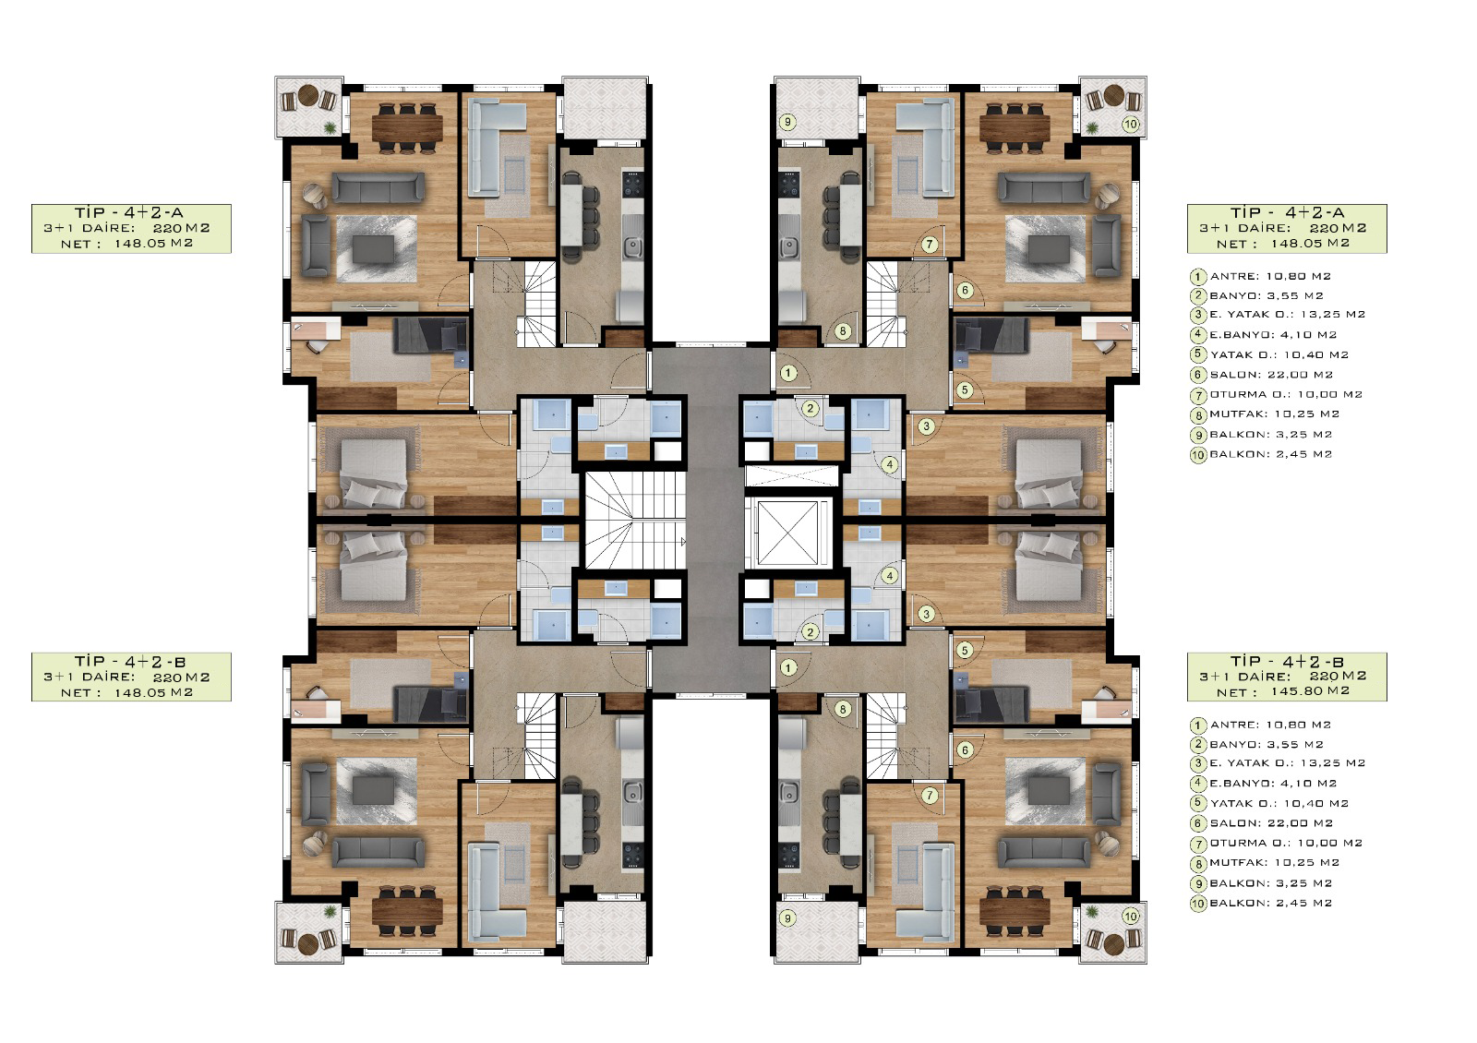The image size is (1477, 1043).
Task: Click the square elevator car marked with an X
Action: point(787,533)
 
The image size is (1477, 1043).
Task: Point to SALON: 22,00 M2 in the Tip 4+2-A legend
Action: point(1271,375)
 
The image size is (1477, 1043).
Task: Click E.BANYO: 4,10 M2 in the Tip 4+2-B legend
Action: point(1273,784)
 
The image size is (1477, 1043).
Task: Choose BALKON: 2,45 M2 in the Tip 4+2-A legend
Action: point(1270,454)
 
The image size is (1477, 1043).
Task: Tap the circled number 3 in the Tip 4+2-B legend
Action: point(1197,763)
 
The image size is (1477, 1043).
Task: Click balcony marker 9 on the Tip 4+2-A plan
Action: point(787,122)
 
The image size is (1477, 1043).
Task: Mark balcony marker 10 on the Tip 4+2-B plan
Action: point(1130,917)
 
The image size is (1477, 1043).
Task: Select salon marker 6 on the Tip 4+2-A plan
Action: point(965,290)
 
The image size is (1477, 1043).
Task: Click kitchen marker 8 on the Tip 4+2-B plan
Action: point(842,710)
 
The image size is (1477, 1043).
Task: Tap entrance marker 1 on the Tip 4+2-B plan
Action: point(788,668)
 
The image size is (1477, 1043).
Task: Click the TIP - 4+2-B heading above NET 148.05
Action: point(130,661)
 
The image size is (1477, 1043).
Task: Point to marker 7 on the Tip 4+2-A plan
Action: point(929,245)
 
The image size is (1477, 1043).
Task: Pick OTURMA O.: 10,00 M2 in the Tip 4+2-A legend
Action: point(1286,394)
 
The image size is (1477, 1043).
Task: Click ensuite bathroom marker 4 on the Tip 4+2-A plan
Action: point(890,464)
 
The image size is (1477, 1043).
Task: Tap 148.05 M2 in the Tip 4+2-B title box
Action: point(153,693)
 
